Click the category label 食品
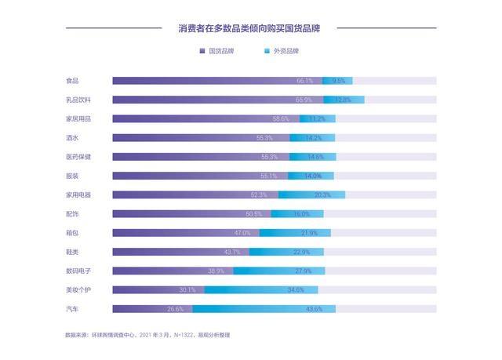(x=72, y=81)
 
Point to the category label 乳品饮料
(x=78, y=100)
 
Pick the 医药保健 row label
(x=78, y=157)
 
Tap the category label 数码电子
(x=78, y=271)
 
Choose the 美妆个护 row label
(x=78, y=289)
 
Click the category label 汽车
(x=72, y=309)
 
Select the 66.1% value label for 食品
(x=305, y=81)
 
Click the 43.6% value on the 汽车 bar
(x=314, y=309)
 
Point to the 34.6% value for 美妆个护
(x=296, y=289)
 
